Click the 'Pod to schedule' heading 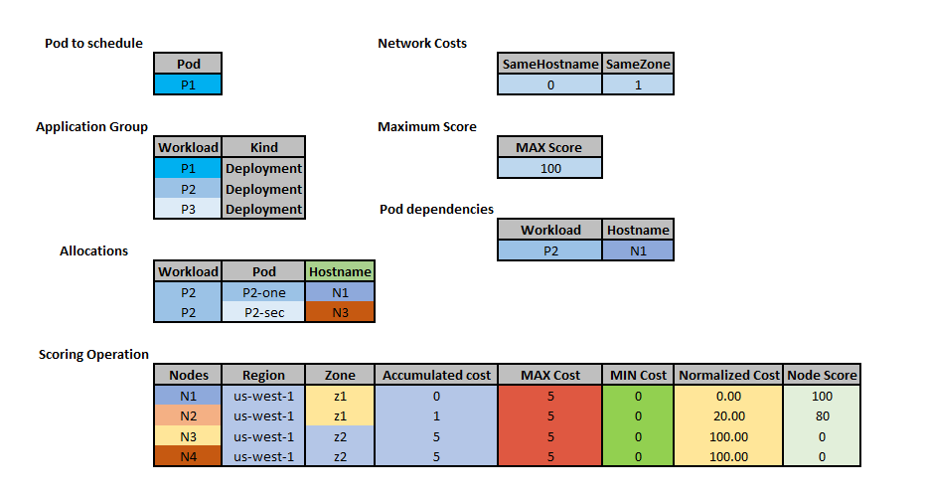(93, 43)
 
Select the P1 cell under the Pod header (188, 84)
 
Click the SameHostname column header (549, 65)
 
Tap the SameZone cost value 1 (638, 85)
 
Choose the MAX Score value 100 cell (550, 168)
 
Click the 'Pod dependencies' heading (436, 209)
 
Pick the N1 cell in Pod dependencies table (638, 250)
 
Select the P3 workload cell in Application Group (188, 210)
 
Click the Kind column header (263, 148)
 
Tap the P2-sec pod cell (263, 312)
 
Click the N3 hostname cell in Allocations (340, 312)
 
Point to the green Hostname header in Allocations (340, 271)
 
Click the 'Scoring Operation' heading (93, 354)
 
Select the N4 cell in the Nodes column (188, 456)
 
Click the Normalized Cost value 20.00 (728, 415)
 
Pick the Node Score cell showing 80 (822, 415)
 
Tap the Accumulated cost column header (436, 375)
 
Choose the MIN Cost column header (638, 375)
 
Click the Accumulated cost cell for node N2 (436, 415)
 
